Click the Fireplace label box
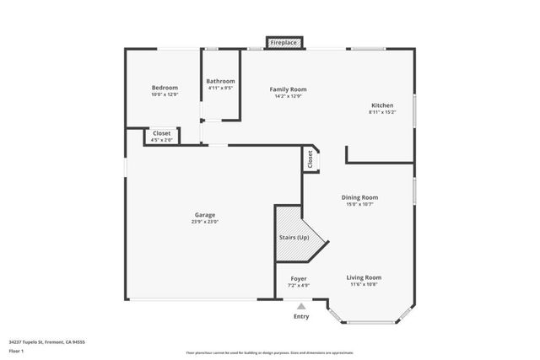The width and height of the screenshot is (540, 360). point(283,41)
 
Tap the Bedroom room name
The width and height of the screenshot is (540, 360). point(165,88)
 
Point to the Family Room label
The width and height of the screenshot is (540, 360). point(288,89)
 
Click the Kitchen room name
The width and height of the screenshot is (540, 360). point(382,105)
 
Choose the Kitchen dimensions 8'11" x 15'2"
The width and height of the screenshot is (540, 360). point(382,112)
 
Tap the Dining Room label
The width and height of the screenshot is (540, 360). point(359,197)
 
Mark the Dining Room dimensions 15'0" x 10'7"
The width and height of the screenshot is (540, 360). point(359,204)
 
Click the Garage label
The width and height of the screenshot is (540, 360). point(205,215)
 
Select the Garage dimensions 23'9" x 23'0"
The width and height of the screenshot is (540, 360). point(205,222)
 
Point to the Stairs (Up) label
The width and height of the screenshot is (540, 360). point(294,238)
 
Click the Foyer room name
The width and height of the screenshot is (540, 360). point(299,278)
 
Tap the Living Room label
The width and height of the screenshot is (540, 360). point(364,277)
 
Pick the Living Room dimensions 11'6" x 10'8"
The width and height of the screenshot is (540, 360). point(364,284)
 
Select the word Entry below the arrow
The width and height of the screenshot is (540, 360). point(300,317)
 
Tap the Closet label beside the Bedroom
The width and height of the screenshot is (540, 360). point(161,133)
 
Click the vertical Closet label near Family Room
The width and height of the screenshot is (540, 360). point(310,159)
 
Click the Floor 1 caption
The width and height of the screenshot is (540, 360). point(16,350)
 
